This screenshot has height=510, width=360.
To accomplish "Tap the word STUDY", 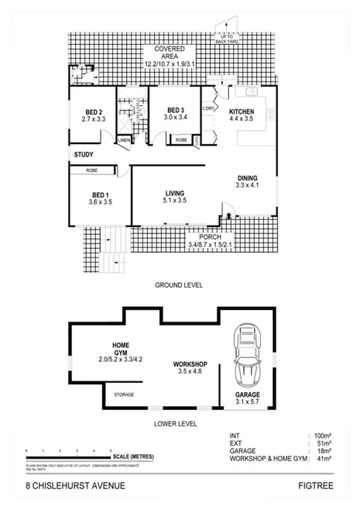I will (x=84, y=154).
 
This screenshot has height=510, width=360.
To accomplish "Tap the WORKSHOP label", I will (x=189, y=364).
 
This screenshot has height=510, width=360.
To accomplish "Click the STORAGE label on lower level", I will (x=124, y=395).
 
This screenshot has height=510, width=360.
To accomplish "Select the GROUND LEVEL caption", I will (x=179, y=284).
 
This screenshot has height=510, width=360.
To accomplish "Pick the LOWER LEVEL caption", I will (x=176, y=424).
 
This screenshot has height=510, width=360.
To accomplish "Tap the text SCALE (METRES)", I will (x=132, y=457).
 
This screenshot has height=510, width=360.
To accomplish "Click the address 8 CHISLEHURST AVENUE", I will (x=76, y=486).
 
